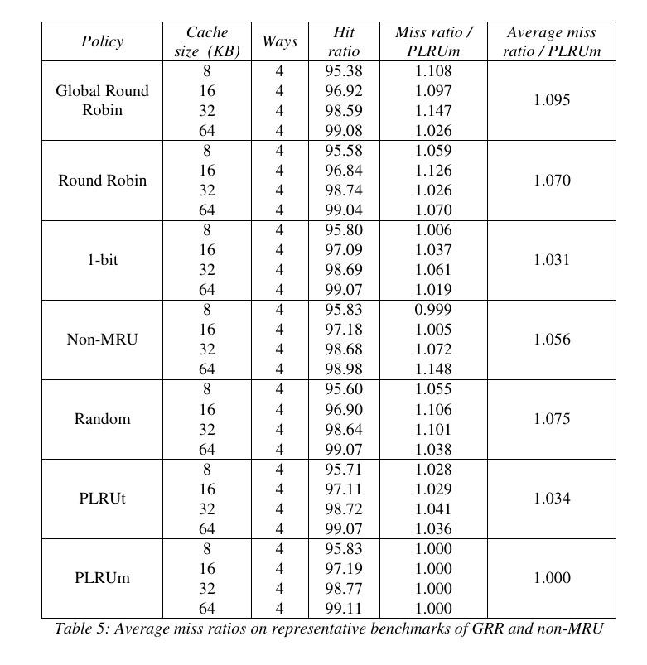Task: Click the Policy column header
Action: [102, 41]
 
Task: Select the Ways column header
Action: [279, 41]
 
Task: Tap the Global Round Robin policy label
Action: [102, 100]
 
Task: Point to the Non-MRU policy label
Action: [102, 340]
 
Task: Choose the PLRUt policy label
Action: [102, 499]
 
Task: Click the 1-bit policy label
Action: [102, 260]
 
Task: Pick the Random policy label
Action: [102, 419]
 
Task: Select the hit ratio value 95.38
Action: [344, 71]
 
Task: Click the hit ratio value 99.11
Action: [344, 609]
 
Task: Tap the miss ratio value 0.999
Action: [433, 310]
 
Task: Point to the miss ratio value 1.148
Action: [433, 369]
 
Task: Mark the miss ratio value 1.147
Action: [433, 111]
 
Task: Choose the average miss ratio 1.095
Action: [552, 100]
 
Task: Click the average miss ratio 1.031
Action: [552, 260]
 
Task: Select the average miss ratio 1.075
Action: [552, 419]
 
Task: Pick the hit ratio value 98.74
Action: [344, 190]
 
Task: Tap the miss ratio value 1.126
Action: [433, 171]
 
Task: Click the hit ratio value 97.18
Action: [344, 330]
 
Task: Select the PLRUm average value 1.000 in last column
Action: [552, 578]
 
